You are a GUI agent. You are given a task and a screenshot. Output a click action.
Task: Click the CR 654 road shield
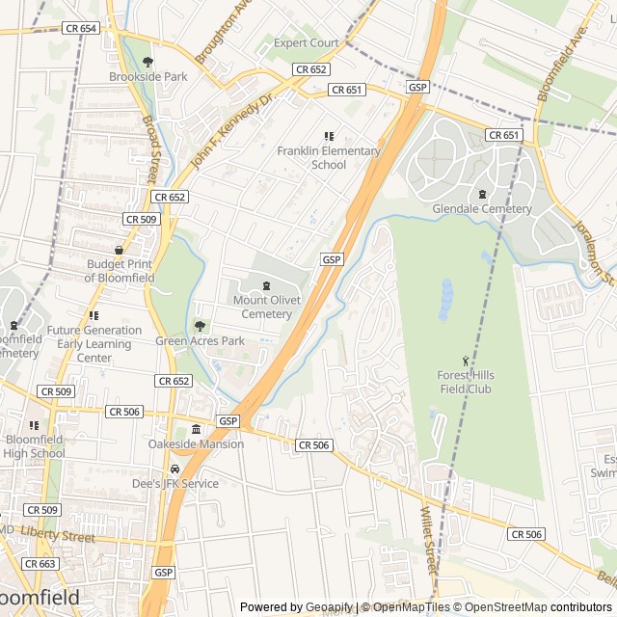pyautogui.click(x=82, y=29)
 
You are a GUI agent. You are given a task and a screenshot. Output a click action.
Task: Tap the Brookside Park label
pyautogui.click(x=148, y=76)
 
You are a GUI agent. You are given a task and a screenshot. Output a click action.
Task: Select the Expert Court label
pyautogui.click(x=306, y=43)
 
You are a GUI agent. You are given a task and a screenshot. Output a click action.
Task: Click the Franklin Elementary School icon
pyautogui.click(x=328, y=137)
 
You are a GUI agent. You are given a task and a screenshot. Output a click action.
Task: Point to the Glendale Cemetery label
pyautogui.click(x=482, y=209)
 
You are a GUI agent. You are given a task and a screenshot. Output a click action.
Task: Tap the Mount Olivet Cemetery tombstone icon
pyautogui.click(x=267, y=286)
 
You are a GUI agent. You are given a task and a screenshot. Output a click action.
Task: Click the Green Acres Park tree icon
pyautogui.click(x=201, y=326)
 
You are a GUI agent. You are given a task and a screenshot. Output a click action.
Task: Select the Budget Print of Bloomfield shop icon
pyautogui.click(x=119, y=251)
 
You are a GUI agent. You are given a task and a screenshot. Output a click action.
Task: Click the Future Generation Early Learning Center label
pyautogui.click(x=94, y=344)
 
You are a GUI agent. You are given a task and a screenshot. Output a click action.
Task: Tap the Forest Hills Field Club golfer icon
pyautogui.click(x=468, y=362)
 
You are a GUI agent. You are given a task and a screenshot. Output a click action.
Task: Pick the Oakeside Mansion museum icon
pyautogui.click(x=196, y=429)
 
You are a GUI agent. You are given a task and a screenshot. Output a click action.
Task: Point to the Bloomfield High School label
pyautogui.click(x=34, y=446)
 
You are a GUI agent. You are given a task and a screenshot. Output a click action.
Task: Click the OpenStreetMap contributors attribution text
pyautogui.click(x=535, y=607)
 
